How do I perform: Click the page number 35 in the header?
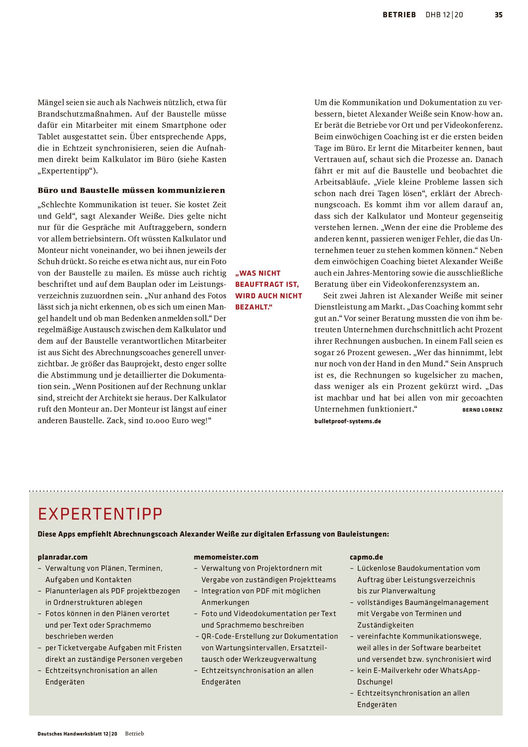(498, 15)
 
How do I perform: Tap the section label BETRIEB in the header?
(399, 15)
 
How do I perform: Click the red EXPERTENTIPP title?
(100, 514)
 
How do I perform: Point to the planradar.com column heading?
(63, 557)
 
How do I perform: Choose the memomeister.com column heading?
(226, 557)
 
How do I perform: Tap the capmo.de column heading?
(366, 557)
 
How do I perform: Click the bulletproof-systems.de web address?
(348, 421)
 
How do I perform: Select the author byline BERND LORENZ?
(482, 410)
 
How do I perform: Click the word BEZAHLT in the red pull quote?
(252, 307)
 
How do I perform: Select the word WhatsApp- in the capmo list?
(460, 671)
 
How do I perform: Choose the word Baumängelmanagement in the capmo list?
(422, 602)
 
